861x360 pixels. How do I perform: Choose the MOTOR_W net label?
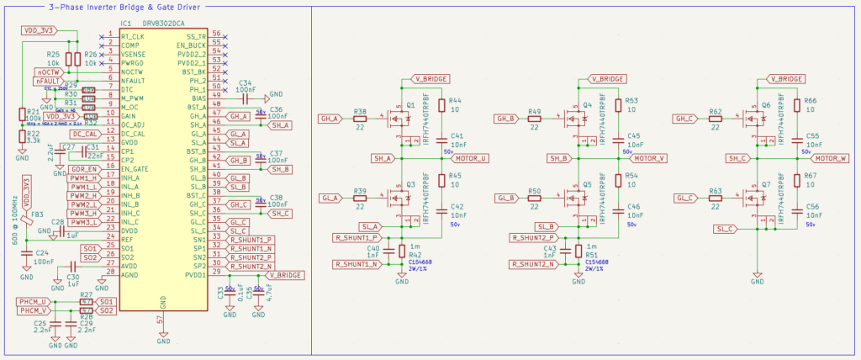tap(828, 158)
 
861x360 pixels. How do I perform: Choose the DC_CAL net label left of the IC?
tap(84, 134)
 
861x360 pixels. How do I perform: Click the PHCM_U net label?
tap(34, 301)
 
